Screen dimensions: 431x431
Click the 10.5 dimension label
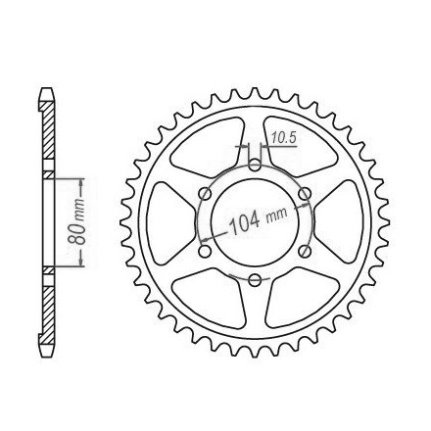284,138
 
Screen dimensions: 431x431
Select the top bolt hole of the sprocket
255,165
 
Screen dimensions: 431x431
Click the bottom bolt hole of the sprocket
255,279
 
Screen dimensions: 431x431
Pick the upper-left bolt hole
205,193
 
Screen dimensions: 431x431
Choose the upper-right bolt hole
305,193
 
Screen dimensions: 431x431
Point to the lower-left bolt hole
205,251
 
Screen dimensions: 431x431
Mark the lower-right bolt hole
305,251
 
